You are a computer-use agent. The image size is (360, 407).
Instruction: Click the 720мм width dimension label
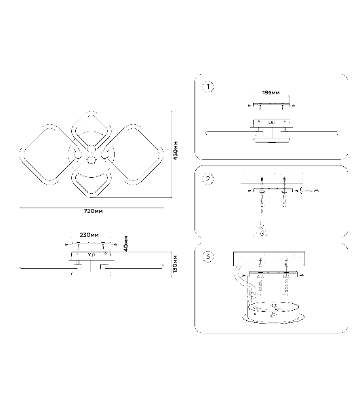[x=93, y=211]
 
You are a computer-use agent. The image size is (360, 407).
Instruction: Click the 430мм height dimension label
[x=176, y=151]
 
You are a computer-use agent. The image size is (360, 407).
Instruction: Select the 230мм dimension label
[x=89, y=235]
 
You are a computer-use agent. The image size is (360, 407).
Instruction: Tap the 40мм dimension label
[x=126, y=244]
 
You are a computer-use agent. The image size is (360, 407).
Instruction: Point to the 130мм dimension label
[x=176, y=264]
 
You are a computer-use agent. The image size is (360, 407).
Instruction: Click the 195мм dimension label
[x=271, y=93]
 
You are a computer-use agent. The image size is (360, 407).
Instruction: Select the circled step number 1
[x=208, y=87]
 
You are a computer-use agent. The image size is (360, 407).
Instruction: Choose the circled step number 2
[x=208, y=179]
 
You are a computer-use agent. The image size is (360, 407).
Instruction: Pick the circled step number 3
[x=208, y=256]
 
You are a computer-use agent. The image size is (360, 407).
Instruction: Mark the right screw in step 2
[x=285, y=191]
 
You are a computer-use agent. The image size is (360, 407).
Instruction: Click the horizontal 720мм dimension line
[x=92, y=208]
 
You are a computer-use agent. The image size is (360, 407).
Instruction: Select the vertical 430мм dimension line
[x=172, y=155]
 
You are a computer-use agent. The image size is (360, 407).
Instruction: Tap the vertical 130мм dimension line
[x=171, y=264]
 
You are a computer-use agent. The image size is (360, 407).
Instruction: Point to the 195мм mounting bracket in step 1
[x=271, y=104]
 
